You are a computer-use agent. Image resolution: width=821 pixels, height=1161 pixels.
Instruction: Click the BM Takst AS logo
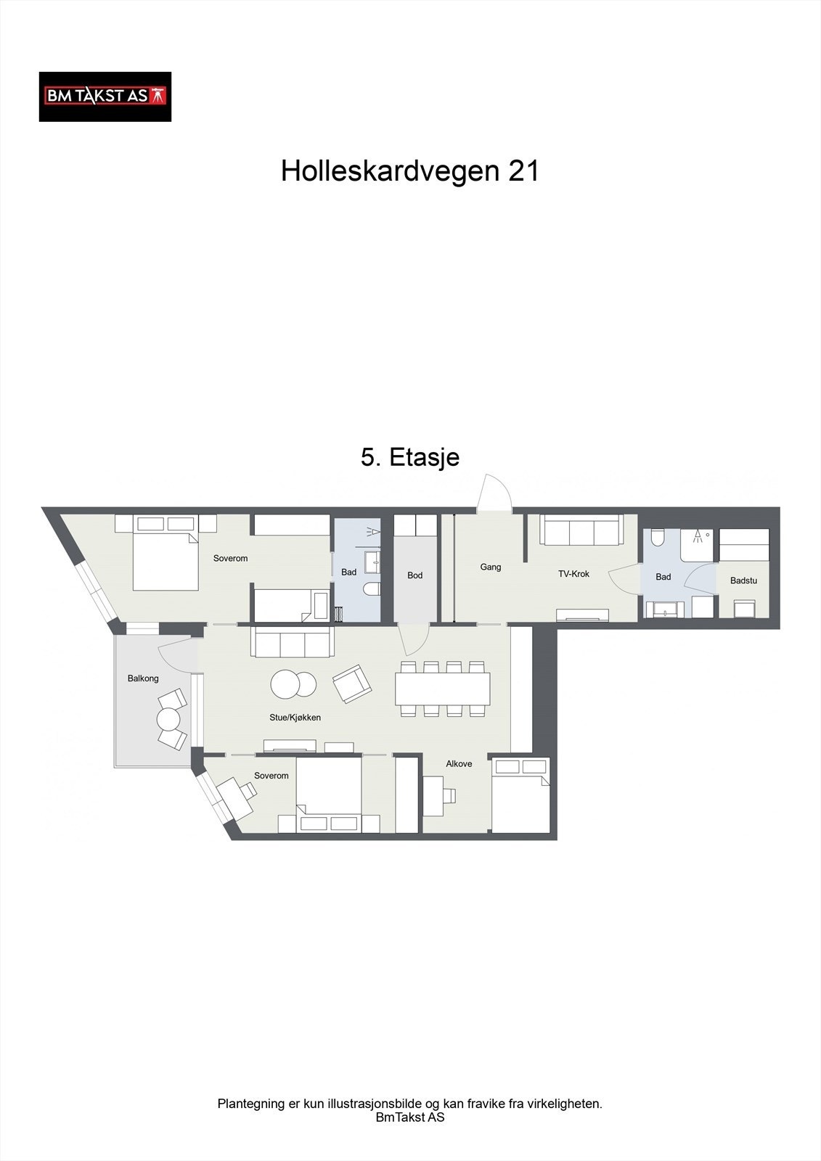105,97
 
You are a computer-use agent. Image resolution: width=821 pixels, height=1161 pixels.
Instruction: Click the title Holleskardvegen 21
410,171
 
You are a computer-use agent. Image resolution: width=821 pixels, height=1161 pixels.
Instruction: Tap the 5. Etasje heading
410,457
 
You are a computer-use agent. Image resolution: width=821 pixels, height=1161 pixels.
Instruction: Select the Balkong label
143,678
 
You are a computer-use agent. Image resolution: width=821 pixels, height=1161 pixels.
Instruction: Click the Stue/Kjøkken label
295,718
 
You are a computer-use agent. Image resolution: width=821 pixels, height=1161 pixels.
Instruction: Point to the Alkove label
459,764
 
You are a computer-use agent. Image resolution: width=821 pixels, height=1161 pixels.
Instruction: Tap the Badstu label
743,580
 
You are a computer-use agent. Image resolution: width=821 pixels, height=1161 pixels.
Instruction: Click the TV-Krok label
573,574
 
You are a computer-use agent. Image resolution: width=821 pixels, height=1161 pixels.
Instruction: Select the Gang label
491,567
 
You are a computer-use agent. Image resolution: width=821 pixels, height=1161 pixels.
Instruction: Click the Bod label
414,575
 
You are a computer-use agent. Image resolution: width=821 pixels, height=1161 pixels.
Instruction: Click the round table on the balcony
168,719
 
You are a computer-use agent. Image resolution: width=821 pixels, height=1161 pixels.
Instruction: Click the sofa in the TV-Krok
581,531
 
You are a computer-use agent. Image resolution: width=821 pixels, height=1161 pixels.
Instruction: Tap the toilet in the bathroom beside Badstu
658,538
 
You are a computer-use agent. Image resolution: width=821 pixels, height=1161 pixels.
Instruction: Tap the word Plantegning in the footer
250,1104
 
